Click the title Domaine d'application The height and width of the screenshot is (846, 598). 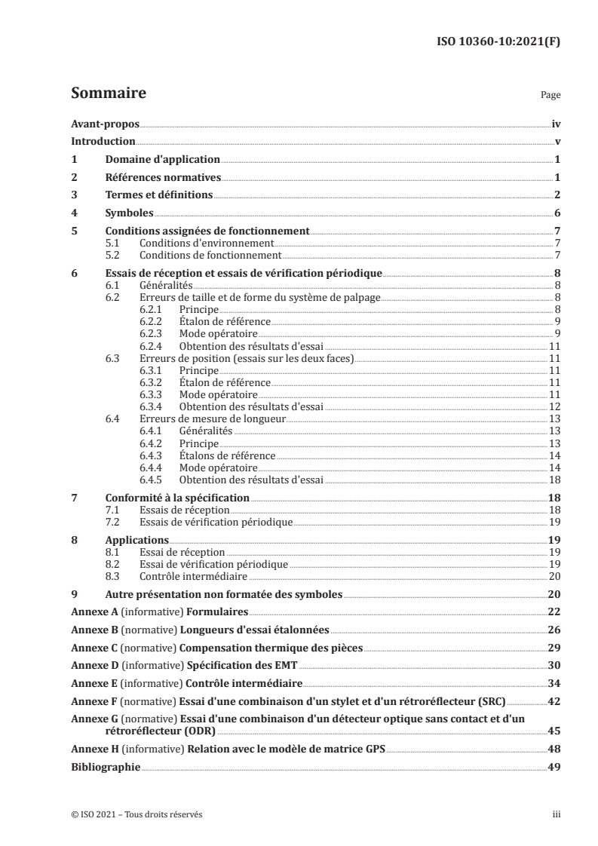[161, 160]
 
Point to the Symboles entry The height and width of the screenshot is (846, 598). [129, 213]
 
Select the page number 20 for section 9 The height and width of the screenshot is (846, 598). [553, 594]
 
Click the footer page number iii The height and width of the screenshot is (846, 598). [557, 814]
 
